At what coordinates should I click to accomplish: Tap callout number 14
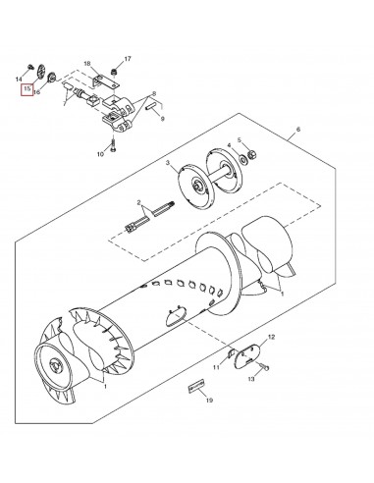pyautogui.click(x=20, y=78)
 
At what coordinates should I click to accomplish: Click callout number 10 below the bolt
pyautogui.click(x=100, y=155)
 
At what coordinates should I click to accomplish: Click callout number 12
pyautogui.click(x=272, y=338)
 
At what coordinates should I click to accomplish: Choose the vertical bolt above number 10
pyautogui.click(x=115, y=143)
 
